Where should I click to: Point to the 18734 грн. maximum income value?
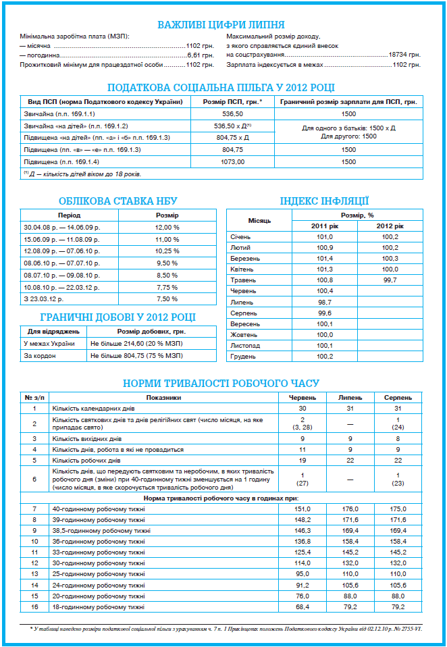click(404, 54)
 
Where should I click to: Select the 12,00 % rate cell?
click(167, 227)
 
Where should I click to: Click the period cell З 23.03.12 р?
click(43, 299)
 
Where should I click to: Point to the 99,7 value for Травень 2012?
click(390, 280)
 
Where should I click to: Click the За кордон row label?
click(36, 355)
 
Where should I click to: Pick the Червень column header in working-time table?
click(302, 398)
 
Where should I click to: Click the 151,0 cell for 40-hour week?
click(302, 508)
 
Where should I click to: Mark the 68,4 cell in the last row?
click(302, 606)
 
